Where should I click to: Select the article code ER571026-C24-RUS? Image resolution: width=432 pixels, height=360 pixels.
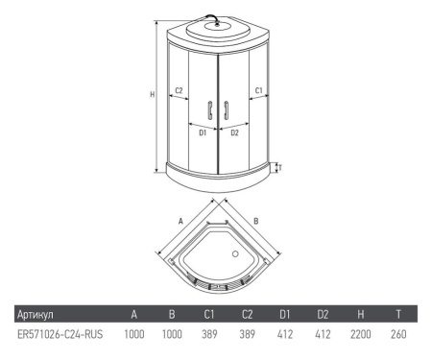pyautogui.click(x=60, y=336)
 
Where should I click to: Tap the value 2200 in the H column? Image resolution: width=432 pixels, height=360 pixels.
pyautogui.click(x=359, y=336)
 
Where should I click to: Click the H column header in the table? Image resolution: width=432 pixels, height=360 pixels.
pyautogui.click(x=358, y=314)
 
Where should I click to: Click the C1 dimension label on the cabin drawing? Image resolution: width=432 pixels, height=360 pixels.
pyautogui.click(x=259, y=92)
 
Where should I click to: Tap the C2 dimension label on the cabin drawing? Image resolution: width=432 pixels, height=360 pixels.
pyautogui.click(x=179, y=92)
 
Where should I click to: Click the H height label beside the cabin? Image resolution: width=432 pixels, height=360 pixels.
pyautogui.click(x=152, y=94)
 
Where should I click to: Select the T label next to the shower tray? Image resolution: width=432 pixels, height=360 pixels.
pyautogui.click(x=279, y=168)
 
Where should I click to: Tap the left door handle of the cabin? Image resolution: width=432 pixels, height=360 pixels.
pyautogui.click(x=208, y=109)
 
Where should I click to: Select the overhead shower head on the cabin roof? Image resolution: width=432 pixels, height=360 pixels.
pyautogui.click(x=217, y=25)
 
